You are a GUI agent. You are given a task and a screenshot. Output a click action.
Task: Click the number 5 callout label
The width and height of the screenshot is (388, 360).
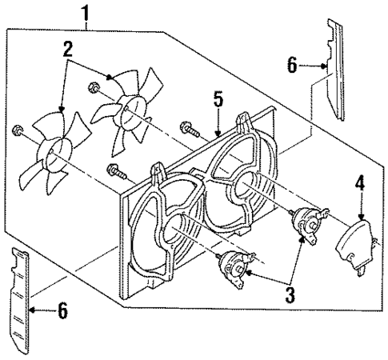point(217,102)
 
